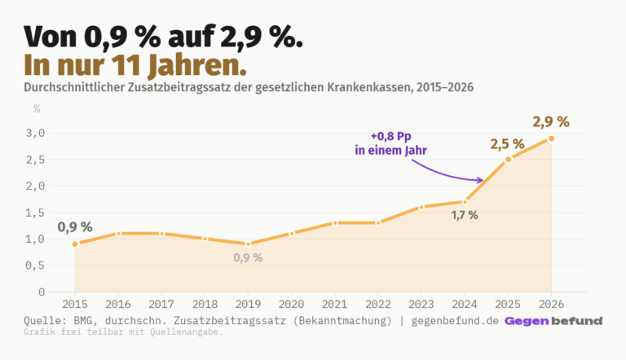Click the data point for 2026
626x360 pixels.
point(551,138)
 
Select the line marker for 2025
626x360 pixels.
point(508,160)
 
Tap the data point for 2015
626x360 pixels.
point(75,244)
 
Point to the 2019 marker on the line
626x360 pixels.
point(248,244)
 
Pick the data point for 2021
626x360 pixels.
point(335,222)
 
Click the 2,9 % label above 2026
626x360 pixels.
point(551,122)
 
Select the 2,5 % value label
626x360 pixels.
point(507,143)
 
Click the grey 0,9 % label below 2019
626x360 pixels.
point(248,257)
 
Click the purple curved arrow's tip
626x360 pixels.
point(483,180)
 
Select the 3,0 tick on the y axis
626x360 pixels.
point(36,133)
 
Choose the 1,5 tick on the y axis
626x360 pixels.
point(36,213)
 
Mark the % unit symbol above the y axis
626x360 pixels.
point(37,108)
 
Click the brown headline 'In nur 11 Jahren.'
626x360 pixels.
point(134,63)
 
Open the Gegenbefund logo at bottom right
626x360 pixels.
point(553,321)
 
